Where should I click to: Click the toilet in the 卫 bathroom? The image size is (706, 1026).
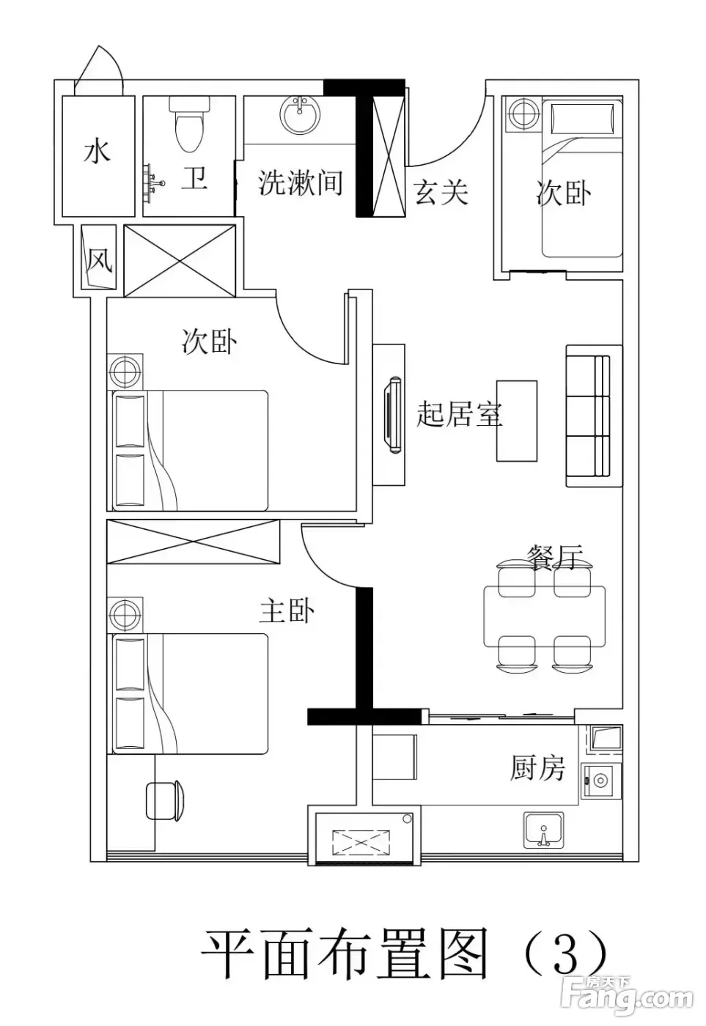pos(188,123)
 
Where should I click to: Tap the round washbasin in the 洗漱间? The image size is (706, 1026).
pos(299,114)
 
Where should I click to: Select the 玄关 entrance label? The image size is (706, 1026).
pos(441,192)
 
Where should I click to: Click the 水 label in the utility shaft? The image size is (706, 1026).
pos(98,152)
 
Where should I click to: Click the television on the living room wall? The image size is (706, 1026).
pos(393,415)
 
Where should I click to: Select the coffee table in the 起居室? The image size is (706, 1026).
pos(516,421)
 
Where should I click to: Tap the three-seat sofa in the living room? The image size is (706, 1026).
pos(593,416)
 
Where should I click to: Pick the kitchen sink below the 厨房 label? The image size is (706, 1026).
pos(543,830)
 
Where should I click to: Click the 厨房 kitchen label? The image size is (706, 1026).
pos(537,768)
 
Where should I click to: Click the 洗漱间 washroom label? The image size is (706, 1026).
pos(300,182)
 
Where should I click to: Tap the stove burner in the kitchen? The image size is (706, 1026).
pos(599,778)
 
